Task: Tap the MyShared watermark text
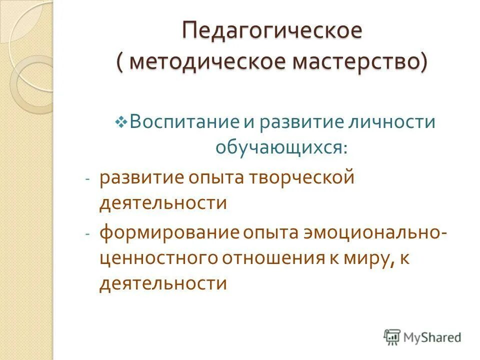(x=432, y=337)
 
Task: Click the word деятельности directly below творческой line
(x=163, y=203)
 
